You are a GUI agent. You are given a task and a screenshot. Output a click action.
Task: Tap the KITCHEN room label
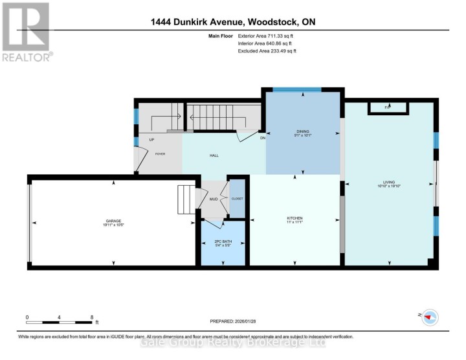click(x=295, y=218)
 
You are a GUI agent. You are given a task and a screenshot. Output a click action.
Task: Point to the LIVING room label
click(x=390, y=182)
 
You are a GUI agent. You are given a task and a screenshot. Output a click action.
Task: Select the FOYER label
click(x=160, y=153)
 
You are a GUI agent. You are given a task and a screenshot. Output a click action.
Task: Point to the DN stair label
click(x=262, y=137)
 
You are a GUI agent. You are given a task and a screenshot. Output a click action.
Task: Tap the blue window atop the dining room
click(x=296, y=89)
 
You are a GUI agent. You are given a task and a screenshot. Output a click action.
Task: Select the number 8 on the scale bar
click(x=93, y=317)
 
